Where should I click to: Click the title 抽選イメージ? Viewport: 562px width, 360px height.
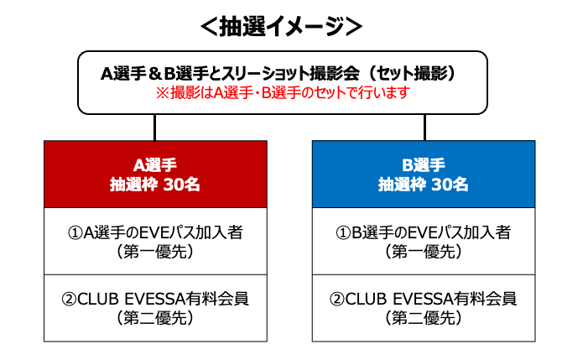tap(281, 26)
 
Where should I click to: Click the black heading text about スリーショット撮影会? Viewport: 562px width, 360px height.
tap(278, 73)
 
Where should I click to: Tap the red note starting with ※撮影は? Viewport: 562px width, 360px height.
tap(283, 93)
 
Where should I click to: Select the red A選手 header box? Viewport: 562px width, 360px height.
tap(155, 175)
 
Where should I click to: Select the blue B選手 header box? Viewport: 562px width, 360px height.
tap(424, 175)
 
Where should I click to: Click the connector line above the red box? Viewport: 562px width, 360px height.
tap(155, 128)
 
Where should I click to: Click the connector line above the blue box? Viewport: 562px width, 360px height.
tap(424, 128)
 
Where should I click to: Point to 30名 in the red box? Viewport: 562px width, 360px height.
tap(182, 185)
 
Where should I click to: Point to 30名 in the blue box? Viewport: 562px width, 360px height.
tap(450, 185)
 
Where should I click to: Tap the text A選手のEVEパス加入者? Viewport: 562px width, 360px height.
tap(163, 232)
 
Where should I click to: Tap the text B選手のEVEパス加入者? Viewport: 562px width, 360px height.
tap(431, 232)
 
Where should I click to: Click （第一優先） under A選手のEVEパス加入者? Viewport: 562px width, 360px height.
tap(155, 252)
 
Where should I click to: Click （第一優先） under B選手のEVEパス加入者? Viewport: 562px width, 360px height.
tap(424, 252)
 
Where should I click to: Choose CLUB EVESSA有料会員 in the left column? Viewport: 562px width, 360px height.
tap(163, 299)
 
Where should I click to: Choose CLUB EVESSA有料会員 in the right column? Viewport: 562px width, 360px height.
tap(431, 299)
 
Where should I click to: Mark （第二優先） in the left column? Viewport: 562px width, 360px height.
tap(155, 318)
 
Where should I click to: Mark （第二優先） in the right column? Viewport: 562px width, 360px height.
tap(424, 318)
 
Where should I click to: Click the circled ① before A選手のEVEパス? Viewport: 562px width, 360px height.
tap(75, 232)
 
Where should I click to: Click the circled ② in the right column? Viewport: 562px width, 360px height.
tap(337, 299)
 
